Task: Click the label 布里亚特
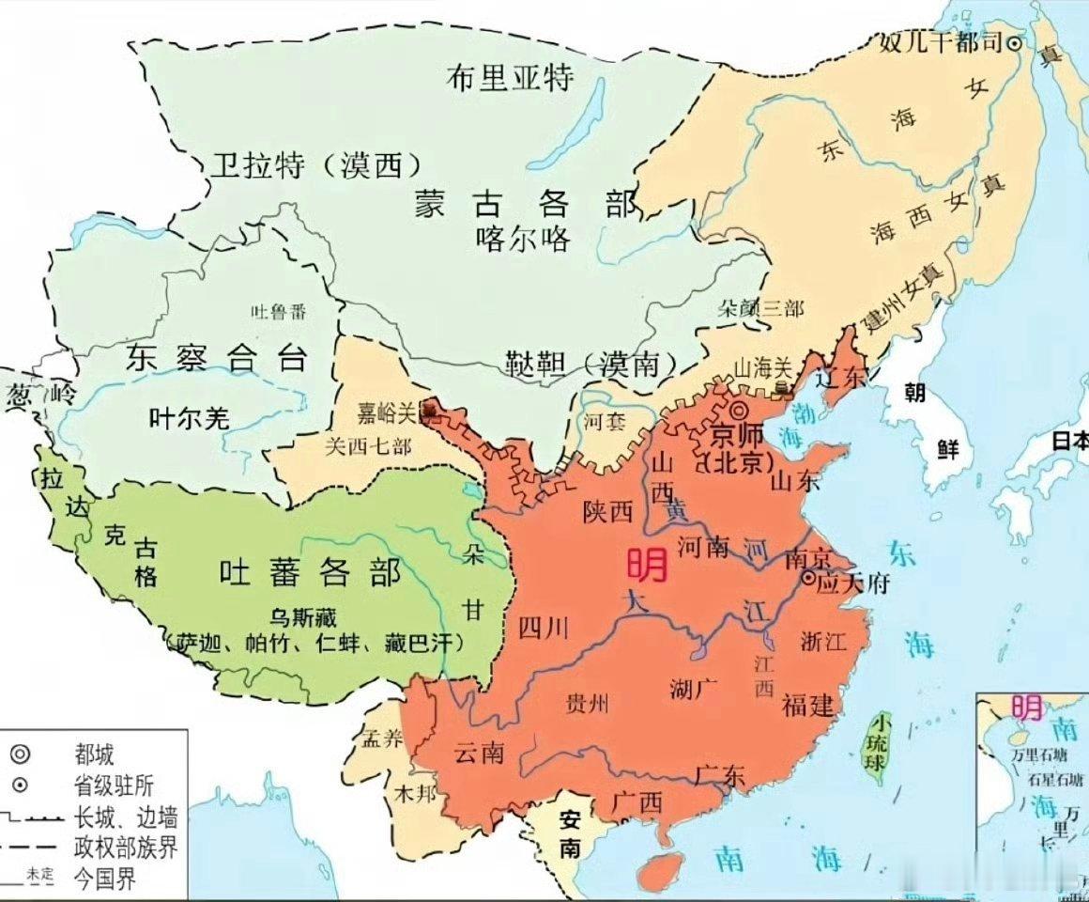click(509, 77)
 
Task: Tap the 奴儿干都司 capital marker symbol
click(1015, 42)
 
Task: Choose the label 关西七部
click(367, 446)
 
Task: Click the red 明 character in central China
click(647, 564)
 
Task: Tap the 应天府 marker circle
click(807, 580)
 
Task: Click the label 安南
click(570, 833)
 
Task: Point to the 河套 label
click(604, 422)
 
